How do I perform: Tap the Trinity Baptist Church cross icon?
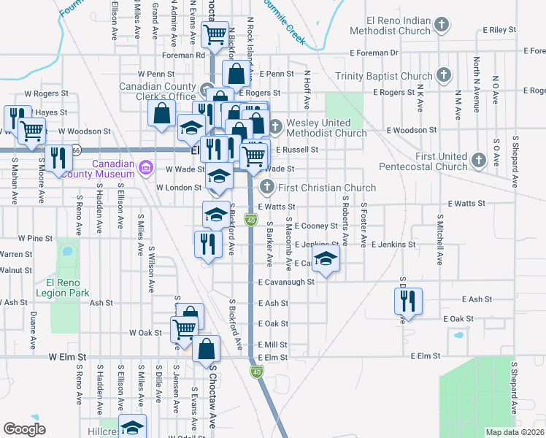[x=442, y=75]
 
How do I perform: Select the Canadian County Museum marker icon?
[x=146, y=169]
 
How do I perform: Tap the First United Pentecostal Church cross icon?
[x=479, y=159]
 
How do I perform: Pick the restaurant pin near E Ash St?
[x=407, y=301]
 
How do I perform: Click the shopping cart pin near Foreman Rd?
[x=215, y=33]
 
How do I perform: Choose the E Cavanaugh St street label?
[x=285, y=282]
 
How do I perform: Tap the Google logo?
[x=24, y=429]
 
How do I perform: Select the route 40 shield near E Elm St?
[x=258, y=372]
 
